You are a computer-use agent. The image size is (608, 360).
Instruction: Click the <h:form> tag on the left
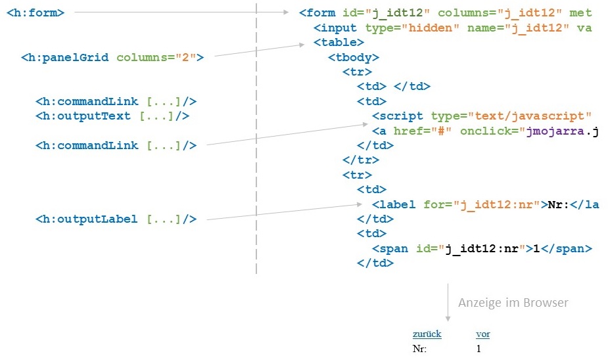pos(35,12)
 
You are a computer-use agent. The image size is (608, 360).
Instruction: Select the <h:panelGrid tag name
pos(66,57)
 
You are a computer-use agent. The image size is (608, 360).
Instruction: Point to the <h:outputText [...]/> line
pos(112,116)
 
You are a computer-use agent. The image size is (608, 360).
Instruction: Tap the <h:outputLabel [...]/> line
pos(116,219)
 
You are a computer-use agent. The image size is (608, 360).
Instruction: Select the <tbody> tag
pos(354,57)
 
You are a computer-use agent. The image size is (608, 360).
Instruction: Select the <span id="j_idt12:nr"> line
pos(482,248)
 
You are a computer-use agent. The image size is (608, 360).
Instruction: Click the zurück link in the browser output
pos(427,334)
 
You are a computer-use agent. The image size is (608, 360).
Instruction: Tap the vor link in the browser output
pos(482,334)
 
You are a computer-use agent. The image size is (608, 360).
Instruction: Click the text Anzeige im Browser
pos(513,303)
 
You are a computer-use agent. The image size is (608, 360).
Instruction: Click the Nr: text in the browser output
pos(419,348)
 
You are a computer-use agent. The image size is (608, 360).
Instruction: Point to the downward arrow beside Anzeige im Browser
pos(448,302)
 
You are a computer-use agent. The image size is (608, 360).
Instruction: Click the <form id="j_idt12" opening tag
pos(363,12)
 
